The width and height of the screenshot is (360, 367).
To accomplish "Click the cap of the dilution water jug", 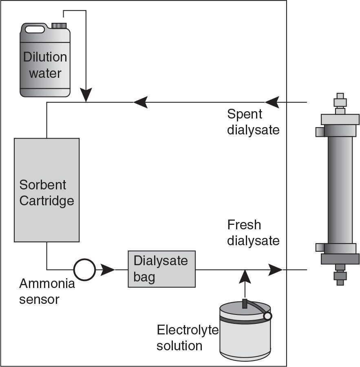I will click(59, 26).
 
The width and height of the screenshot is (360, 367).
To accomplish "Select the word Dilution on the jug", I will click(45, 57).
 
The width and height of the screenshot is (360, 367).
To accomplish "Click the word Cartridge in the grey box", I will click(47, 200).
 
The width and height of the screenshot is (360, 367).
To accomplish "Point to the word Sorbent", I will click(43, 185).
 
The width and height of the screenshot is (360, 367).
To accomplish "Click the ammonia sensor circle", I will click(84, 269).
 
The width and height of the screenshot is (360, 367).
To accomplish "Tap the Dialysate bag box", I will click(161, 269).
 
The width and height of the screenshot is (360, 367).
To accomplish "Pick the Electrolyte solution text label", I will click(188, 337).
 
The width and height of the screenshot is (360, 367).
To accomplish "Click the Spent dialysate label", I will click(253, 121).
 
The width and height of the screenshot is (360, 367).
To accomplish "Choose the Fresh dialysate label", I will click(253, 233).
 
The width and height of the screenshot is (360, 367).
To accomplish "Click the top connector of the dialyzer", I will click(340, 103).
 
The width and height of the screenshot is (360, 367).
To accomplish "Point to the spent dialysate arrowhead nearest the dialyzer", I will click(272, 102).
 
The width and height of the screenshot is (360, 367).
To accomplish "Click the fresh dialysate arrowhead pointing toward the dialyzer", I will click(276, 269).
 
